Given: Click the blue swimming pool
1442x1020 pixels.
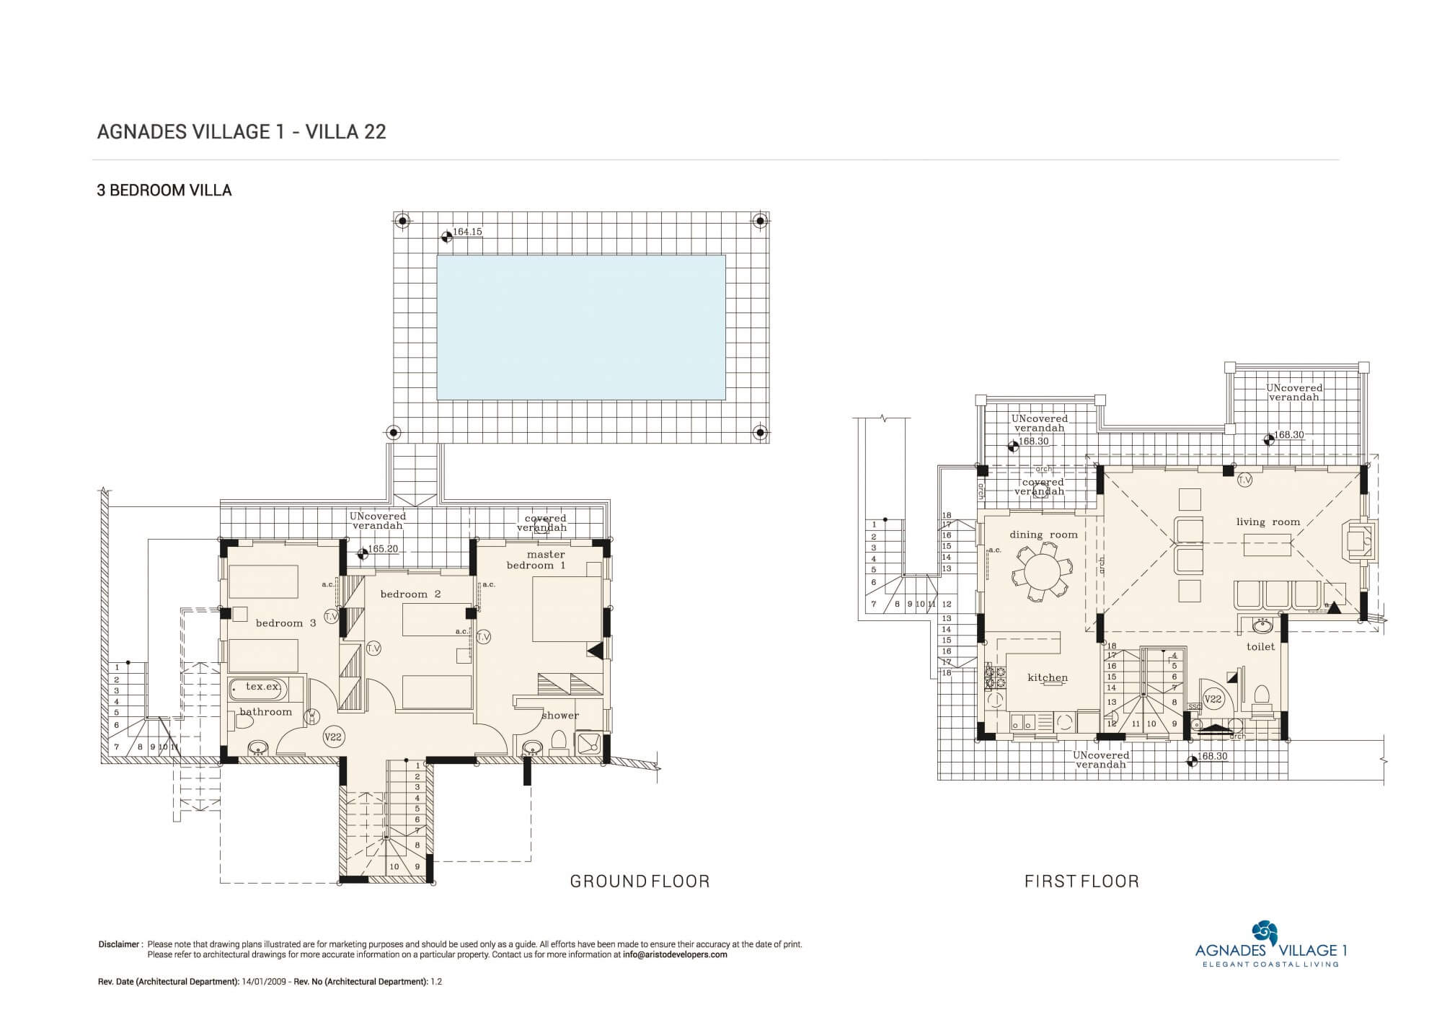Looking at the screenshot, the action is pos(581,327).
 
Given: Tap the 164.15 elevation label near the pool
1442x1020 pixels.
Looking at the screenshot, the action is pos(467,232).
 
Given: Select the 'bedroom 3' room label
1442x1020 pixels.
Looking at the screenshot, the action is pos(286,623).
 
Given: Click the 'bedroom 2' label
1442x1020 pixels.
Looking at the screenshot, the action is pos(410,594).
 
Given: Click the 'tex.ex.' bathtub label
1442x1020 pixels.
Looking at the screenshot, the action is pos(262,686).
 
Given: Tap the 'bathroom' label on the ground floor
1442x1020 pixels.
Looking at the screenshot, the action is pos(266,712).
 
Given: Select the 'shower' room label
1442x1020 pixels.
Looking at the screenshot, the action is pos(560,716).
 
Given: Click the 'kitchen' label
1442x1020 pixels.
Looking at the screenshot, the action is pos(1048,677).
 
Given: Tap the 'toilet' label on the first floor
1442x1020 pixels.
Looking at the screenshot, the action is pos(1261,647).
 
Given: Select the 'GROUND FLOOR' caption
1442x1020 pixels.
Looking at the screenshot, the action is pos(640,881).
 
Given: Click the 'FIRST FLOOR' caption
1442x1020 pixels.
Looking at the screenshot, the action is pos(1081,881).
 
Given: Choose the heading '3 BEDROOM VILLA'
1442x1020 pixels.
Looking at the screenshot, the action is pos(164,190).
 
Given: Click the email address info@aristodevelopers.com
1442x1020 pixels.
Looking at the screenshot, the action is pos(675,954).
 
